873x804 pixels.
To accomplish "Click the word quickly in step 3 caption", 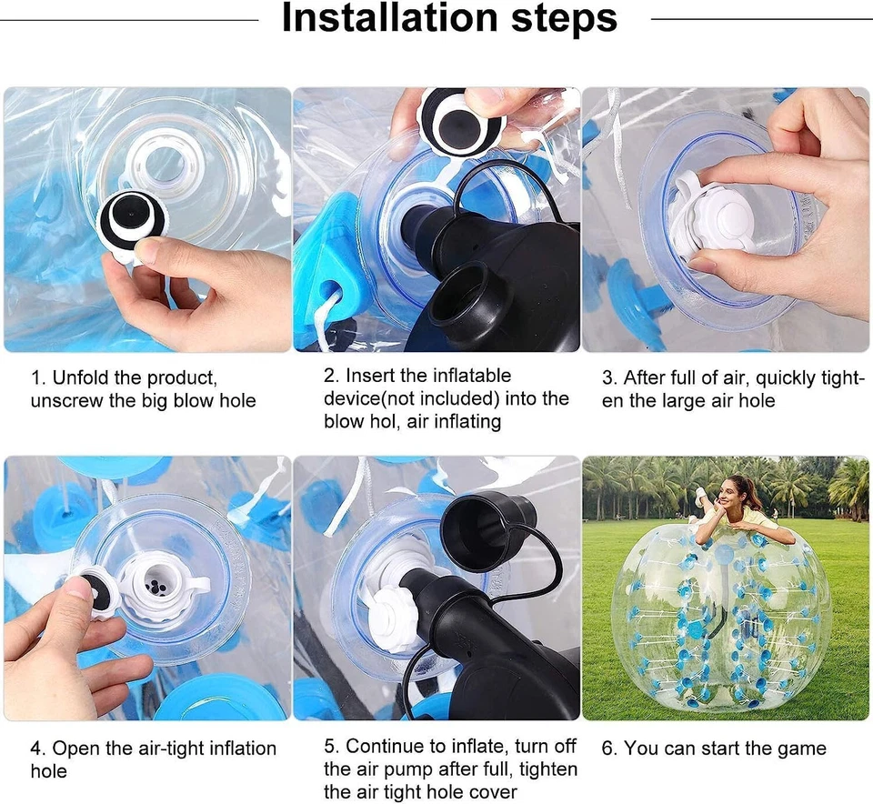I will [x=792, y=377].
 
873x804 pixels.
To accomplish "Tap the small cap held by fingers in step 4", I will [x=95, y=591].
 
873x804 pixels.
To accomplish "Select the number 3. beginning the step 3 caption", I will [x=609, y=377].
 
